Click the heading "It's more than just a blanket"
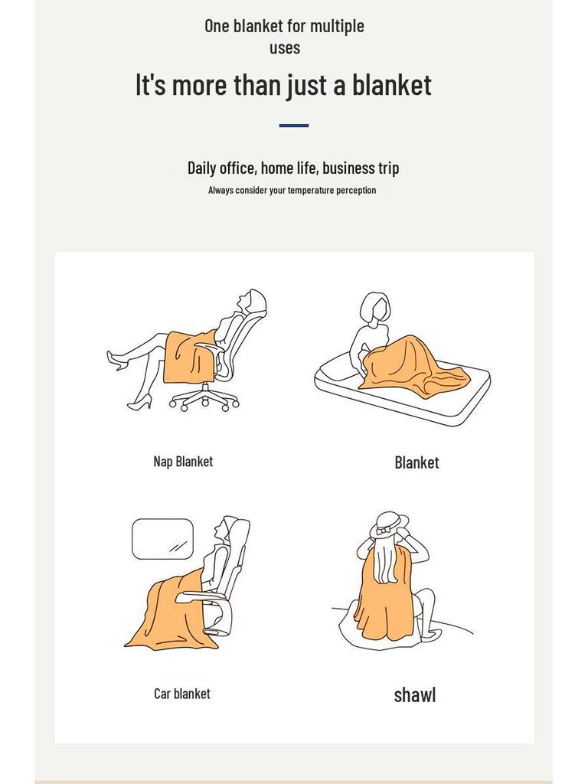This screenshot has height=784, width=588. pos(283,84)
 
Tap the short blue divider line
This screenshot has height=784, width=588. pos(294,126)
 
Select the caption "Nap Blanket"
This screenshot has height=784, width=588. pos(183,462)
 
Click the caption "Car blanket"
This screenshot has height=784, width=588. pos(182,694)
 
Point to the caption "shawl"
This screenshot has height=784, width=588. pos(415,694)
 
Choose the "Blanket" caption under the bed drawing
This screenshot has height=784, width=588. pos(417,462)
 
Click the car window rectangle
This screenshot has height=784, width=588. pos(162,539)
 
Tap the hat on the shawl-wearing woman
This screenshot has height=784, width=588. pos(388,525)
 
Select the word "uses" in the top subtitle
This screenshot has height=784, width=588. pos(285,48)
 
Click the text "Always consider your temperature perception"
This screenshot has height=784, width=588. pos(292,190)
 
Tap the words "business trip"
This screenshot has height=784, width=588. pos(361,168)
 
